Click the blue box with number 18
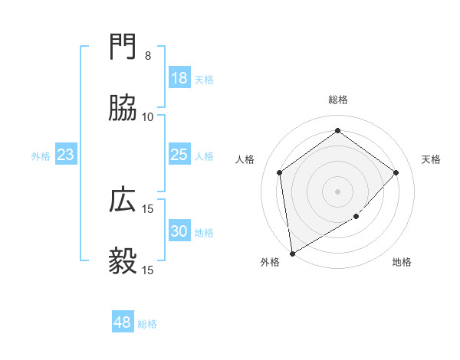point(179,78)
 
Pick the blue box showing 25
point(179,155)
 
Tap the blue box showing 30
point(179,231)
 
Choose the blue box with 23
point(66,155)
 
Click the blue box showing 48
point(123,322)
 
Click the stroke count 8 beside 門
point(148,56)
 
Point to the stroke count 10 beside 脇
point(148,117)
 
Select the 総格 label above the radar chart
point(337,100)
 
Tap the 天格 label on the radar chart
point(431,159)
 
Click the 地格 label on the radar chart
point(402,263)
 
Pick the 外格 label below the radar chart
point(270,263)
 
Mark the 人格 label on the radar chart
point(245,159)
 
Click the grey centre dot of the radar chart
point(337,191)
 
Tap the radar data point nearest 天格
point(396,172)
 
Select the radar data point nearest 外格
point(292,253)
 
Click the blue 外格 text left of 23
point(41,156)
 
